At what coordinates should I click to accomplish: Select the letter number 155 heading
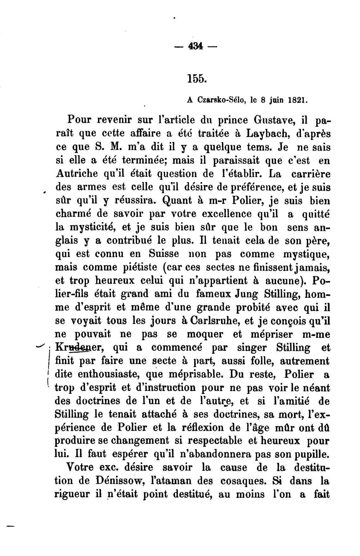(196, 78)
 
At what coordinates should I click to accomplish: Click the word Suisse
(164, 254)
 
